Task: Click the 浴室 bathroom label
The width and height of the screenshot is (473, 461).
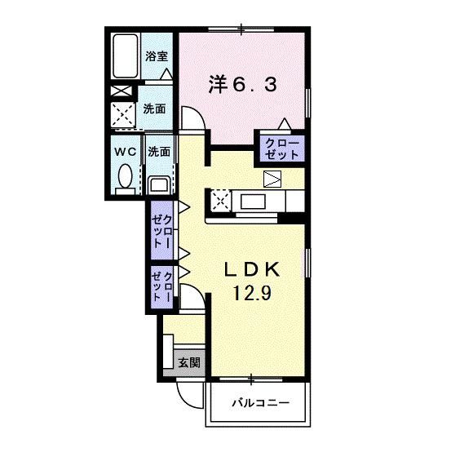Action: pyautogui.click(x=157, y=57)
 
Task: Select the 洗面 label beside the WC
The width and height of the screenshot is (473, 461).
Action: pyautogui.click(x=159, y=151)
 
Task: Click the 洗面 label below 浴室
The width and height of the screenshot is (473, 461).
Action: pyautogui.click(x=155, y=108)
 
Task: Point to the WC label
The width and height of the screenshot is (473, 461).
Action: pyautogui.click(x=124, y=151)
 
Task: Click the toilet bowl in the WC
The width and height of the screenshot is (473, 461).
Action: pyautogui.click(x=125, y=175)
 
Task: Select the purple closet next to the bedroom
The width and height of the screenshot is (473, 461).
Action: pyautogui.click(x=281, y=148)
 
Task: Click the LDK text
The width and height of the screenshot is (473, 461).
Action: pyautogui.click(x=253, y=269)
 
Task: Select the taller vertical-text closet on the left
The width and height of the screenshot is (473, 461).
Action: pyautogui.click(x=161, y=230)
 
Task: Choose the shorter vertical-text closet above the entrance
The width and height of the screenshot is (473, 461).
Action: pyautogui.click(x=161, y=286)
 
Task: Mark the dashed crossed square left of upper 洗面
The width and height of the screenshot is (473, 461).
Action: pyautogui.click(x=125, y=114)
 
